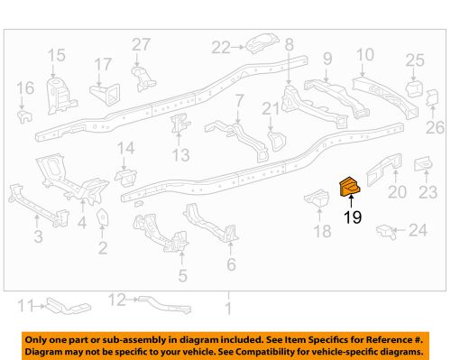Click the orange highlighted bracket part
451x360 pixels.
(x=349, y=185)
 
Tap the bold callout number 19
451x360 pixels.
(x=352, y=217)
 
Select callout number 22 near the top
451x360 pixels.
(x=221, y=47)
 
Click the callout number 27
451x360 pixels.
(x=141, y=46)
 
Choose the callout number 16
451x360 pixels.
(x=24, y=88)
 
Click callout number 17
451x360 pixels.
(x=105, y=65)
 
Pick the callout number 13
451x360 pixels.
(x=181, y=155)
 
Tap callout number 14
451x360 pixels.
(x=125, y=148)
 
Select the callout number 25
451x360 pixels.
(x=414, y=60)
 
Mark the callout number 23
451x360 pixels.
(x=428, y=191)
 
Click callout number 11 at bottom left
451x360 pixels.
(x=27, y=304)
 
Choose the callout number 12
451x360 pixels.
(x=117, y=299)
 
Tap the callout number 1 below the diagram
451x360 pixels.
(x=228, y=309)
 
